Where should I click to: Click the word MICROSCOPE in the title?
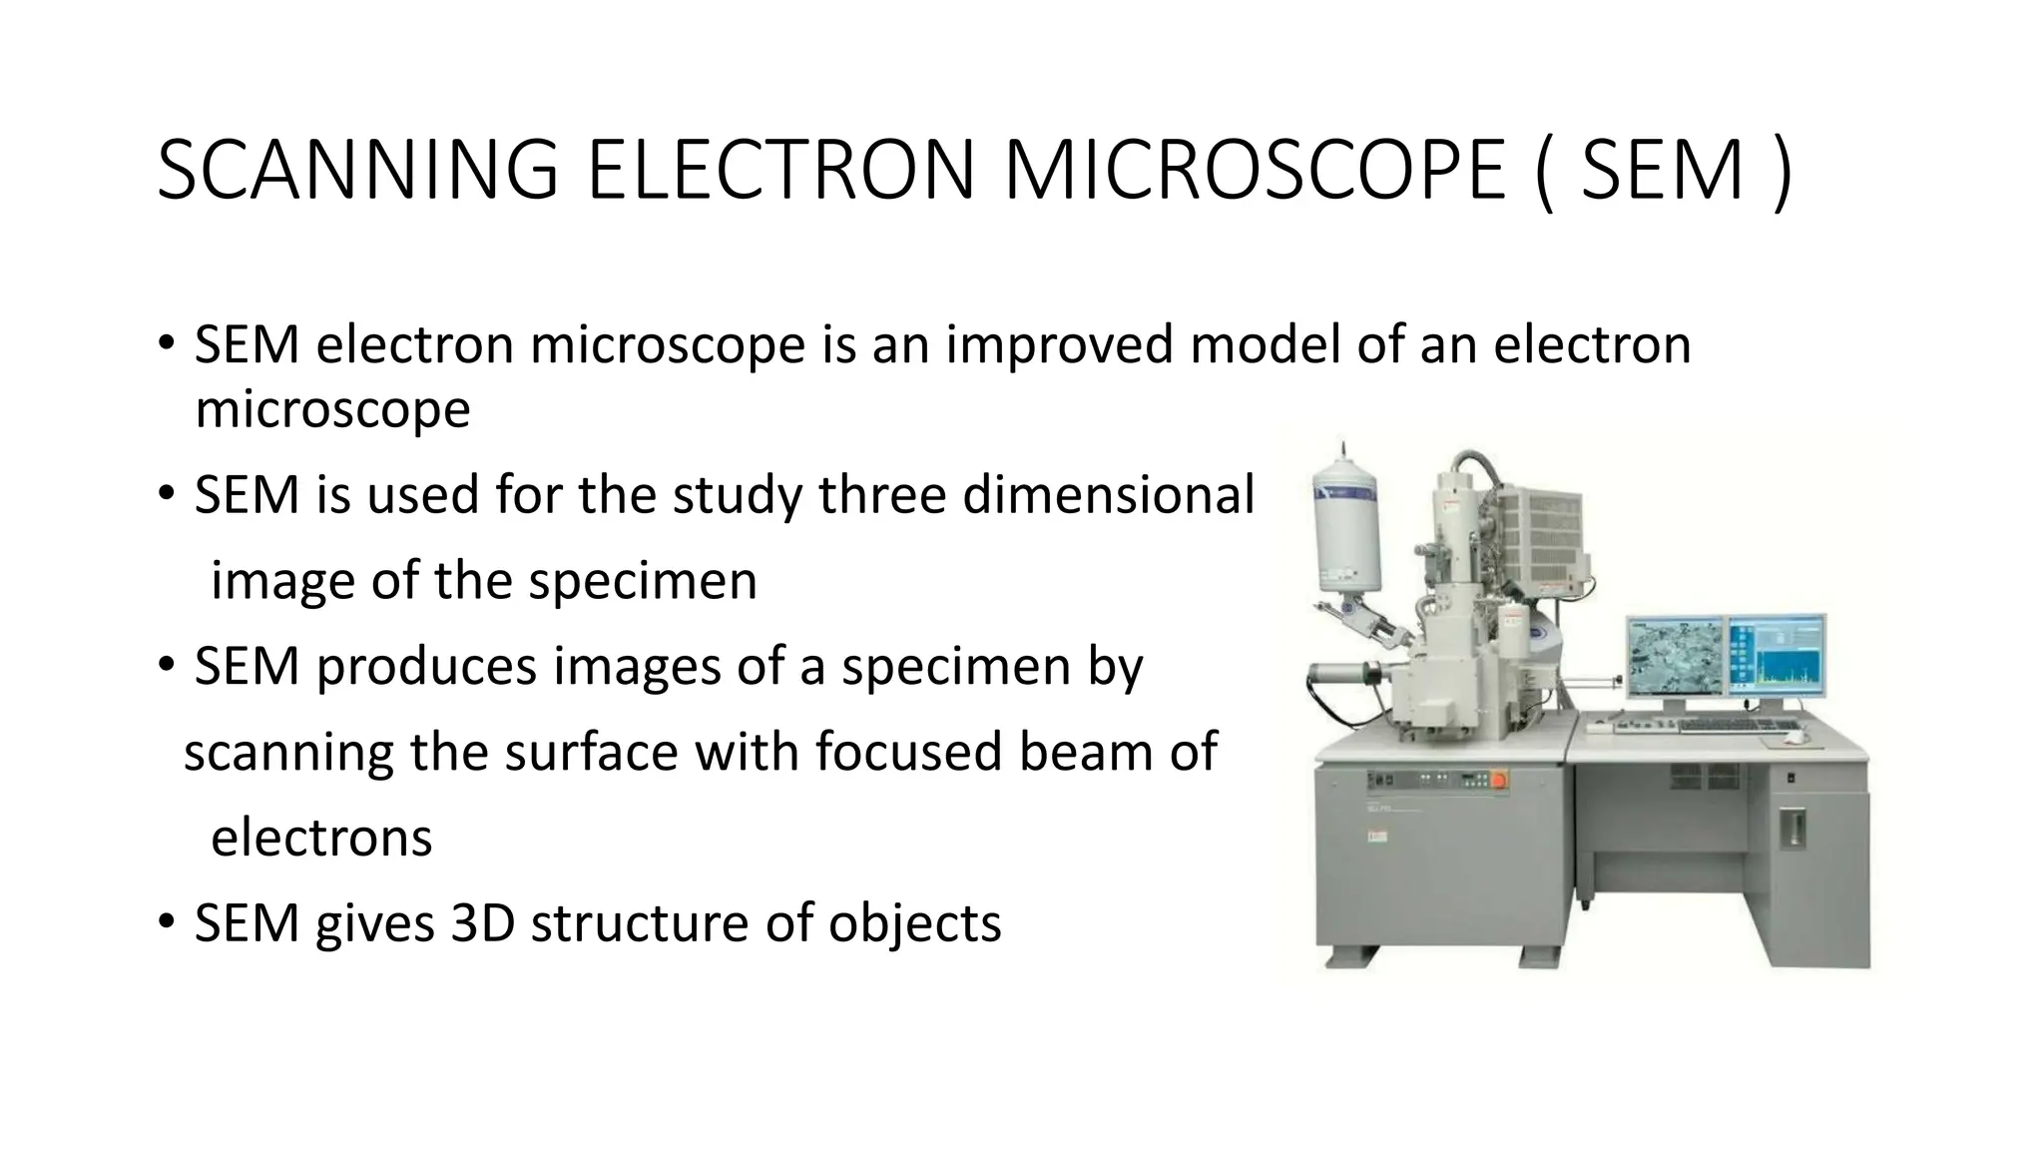(1255, 171)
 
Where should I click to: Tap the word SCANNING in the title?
(356, 171)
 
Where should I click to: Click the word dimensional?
(1108, 495)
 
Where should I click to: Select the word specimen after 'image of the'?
(643, 581)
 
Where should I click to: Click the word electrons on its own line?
(321, 838)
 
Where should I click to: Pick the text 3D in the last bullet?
(482, 922)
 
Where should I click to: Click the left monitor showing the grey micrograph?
(1676, 656)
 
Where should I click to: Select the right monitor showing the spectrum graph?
(1777, 656)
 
